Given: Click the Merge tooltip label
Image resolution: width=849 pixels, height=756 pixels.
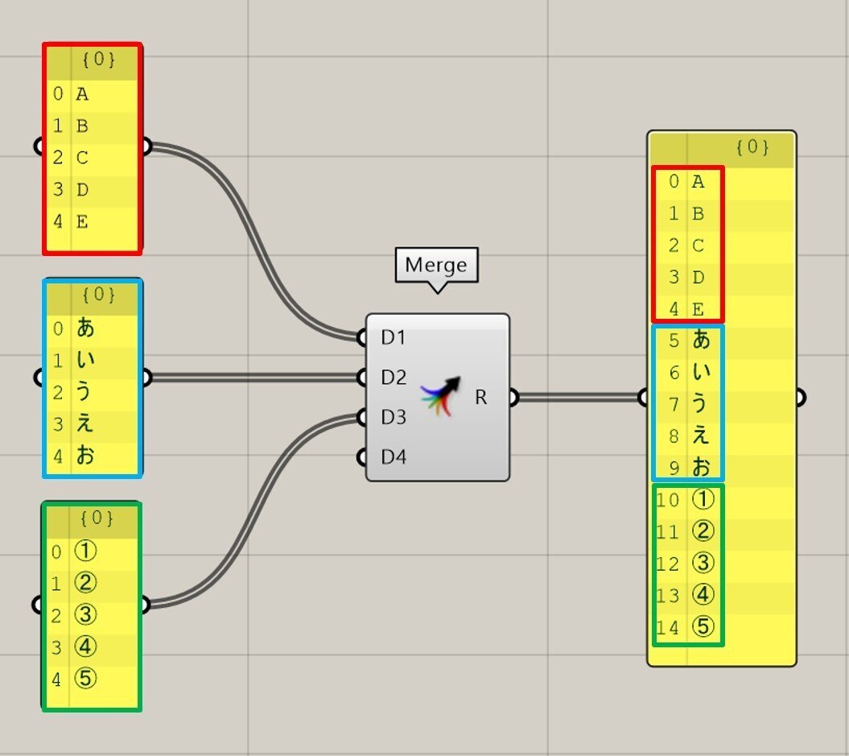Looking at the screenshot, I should point(436,264).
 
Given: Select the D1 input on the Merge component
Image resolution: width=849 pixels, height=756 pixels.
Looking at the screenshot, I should point(393,337).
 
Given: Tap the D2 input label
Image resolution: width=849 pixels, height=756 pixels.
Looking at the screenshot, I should point(394,377).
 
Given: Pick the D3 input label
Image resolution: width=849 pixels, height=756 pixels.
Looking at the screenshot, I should point(394,417).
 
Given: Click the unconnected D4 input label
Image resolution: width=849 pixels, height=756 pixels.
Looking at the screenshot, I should point(394,457).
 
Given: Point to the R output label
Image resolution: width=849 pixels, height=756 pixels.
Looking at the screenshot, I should point(480,397).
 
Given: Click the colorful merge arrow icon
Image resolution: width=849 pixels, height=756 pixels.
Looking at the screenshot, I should point(439,395).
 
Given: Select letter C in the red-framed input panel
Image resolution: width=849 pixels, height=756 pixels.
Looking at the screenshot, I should point(82,158).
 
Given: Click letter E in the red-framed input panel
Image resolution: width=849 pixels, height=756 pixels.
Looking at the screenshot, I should point(82,221).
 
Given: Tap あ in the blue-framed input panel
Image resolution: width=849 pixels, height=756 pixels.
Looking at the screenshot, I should point(85,328).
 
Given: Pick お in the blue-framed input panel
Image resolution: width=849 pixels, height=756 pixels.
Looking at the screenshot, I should point(85,456).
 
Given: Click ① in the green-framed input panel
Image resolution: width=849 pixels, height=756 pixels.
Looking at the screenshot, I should point(85,552).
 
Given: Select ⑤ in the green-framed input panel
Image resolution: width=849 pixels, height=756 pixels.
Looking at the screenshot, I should point(85,679).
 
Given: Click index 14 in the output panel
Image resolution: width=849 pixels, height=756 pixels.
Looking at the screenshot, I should point(668,628).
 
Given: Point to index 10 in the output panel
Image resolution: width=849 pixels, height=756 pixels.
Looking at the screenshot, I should point(668,500).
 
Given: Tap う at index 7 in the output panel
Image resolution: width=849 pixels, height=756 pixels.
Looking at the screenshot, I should point(702,405).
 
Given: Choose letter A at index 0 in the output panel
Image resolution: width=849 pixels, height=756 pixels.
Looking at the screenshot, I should point(698,182).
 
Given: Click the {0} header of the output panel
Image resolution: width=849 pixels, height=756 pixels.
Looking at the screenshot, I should point(752,147).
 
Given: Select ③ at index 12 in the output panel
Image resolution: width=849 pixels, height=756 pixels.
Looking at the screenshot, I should point(703,564).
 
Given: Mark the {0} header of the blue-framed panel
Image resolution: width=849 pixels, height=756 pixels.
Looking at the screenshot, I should point(99,295).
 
